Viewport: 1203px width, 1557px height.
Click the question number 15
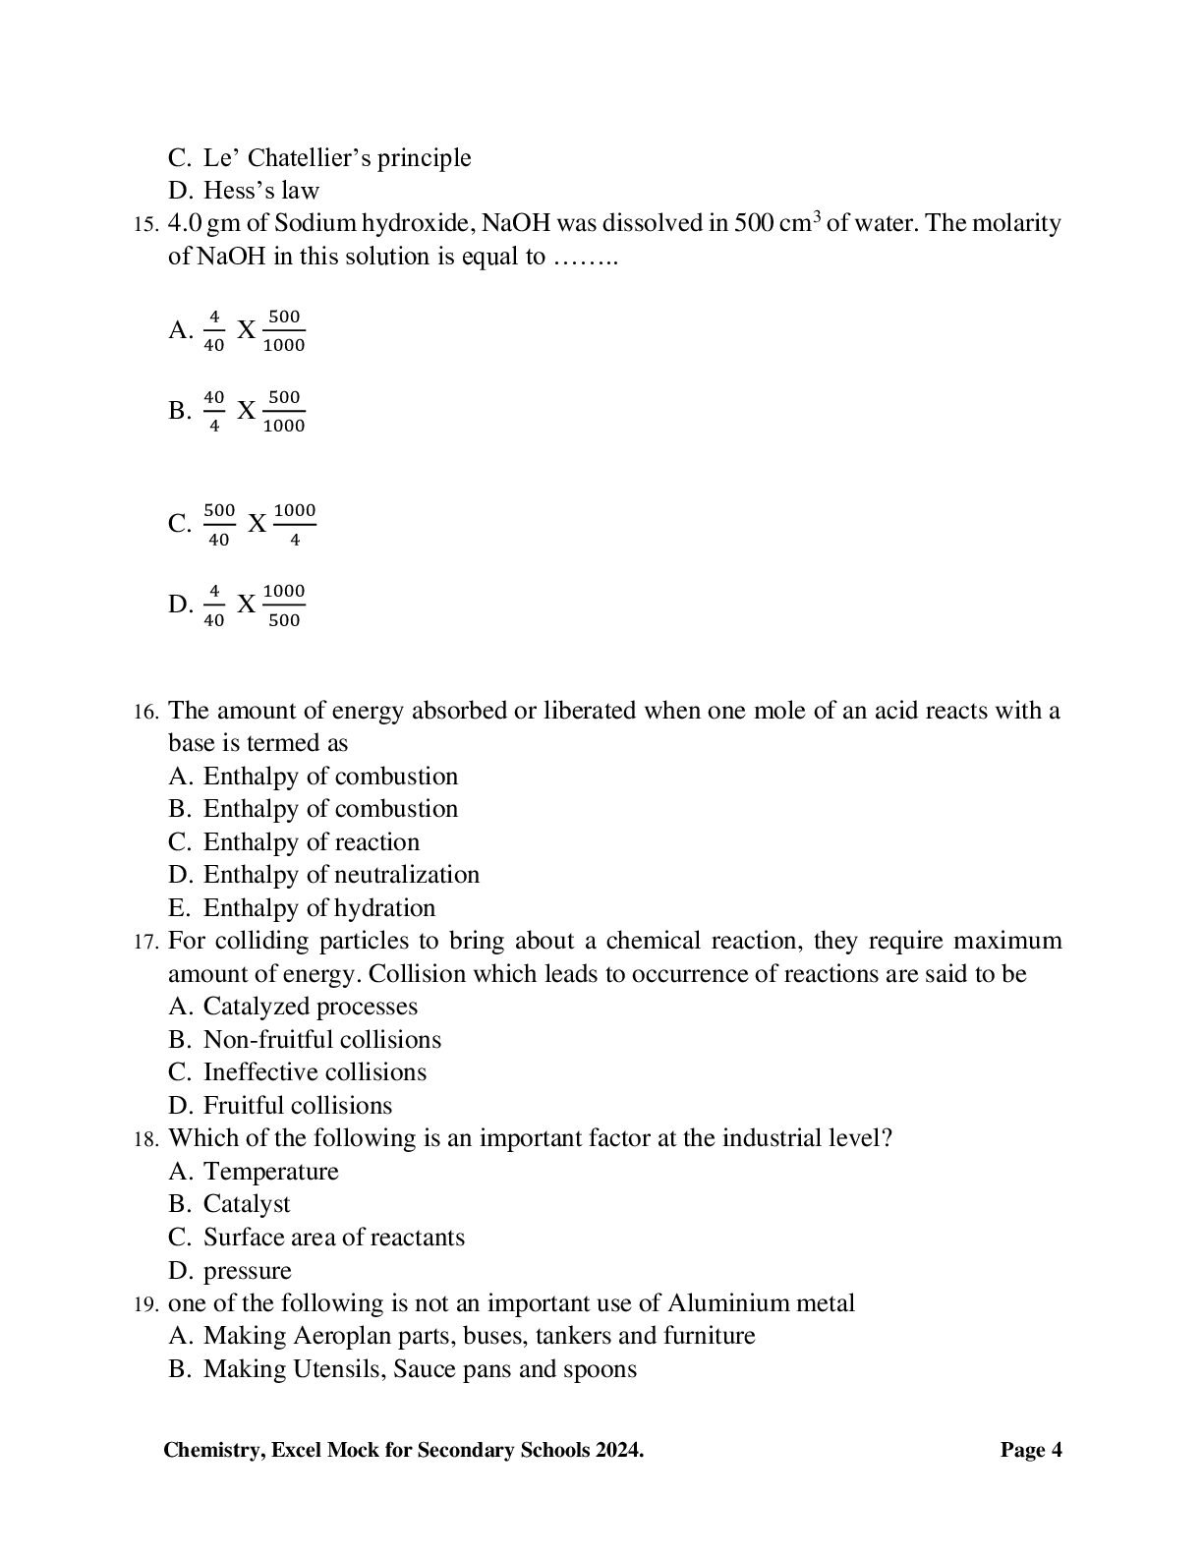point(144,225)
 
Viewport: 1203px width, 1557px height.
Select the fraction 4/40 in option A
point(213,331)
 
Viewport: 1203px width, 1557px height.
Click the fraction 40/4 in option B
point(213,412)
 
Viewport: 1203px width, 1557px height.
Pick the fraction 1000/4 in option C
point(295,525)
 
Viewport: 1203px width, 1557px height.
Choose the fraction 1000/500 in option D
point(284,605)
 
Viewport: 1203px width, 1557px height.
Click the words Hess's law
point(261,191)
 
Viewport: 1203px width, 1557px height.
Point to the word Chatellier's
point(309,158)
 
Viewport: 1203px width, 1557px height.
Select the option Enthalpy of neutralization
point(341,875)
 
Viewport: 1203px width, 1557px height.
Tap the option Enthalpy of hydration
point(318,908)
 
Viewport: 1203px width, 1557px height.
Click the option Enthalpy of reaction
point(311,842)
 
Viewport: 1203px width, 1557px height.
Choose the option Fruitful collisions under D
point(297,1106)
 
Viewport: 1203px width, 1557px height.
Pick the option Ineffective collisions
point(315,1072)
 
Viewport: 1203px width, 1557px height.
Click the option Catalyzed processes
point(310,1007)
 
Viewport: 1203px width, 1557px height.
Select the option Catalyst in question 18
point(247,1204)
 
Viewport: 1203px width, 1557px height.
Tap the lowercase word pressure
point(247,1271)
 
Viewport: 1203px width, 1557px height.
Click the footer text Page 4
point(1031,1450)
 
